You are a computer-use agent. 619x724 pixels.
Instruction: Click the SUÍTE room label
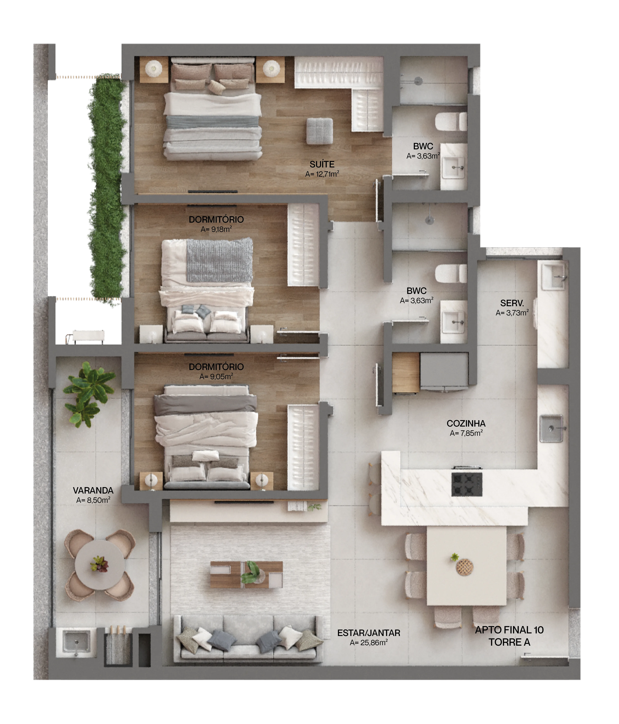coord(322,164)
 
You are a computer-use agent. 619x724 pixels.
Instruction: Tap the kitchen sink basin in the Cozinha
coord(551,428)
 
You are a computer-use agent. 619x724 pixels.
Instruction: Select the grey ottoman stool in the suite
coord(319,131)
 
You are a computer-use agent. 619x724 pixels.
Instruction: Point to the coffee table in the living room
coord(246,575)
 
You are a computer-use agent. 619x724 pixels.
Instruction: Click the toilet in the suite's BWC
coord(451,122)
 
